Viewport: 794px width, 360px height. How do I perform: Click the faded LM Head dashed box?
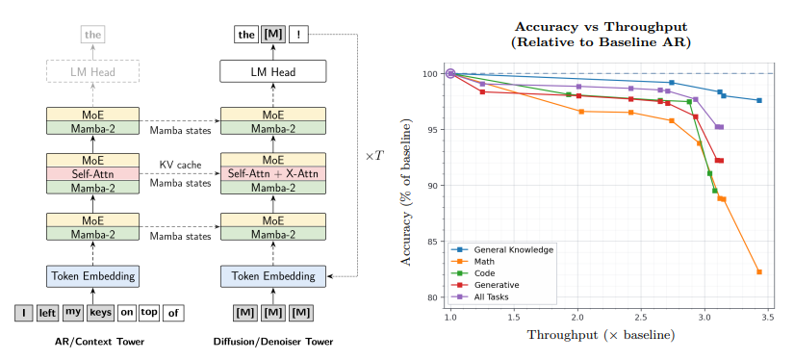click(92, 71)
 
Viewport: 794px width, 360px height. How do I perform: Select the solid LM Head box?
click(273, 71)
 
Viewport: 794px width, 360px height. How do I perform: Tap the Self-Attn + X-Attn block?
click(273, 174)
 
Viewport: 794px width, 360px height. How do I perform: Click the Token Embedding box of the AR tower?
click(92, 276)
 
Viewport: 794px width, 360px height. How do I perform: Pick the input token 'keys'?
click(100, 313)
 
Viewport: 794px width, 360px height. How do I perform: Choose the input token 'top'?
click(149, 313)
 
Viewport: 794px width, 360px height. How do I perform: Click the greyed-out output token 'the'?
click(92, 35)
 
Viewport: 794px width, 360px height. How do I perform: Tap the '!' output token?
click(298, 35)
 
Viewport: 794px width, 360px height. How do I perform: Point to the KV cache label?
click(180, 165)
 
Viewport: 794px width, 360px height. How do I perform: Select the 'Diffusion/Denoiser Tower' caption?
click(273, 342)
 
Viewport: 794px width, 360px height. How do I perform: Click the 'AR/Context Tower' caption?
click(99, 342)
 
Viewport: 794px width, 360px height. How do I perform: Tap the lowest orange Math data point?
click(759, 271)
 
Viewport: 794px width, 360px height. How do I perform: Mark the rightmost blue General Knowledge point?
click(759, 100)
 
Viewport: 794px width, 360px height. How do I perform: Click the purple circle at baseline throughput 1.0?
click(450, 74)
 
